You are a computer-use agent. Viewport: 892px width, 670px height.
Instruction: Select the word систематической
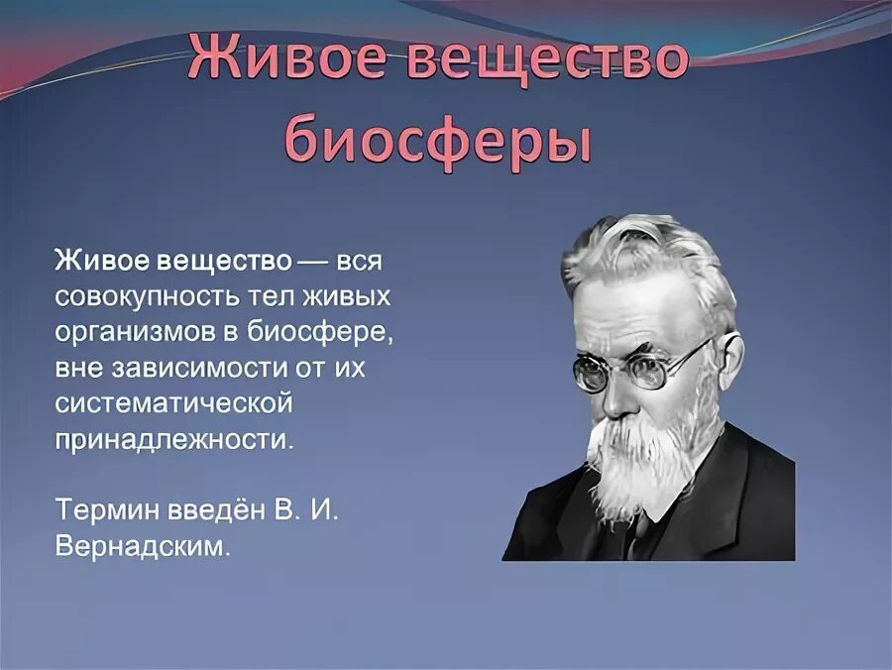[173, 403]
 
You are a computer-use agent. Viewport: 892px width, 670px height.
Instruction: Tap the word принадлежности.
[174, 440]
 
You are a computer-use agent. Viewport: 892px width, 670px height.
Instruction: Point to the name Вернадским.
[144, 546]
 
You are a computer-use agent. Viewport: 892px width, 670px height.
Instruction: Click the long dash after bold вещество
[315, 262]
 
